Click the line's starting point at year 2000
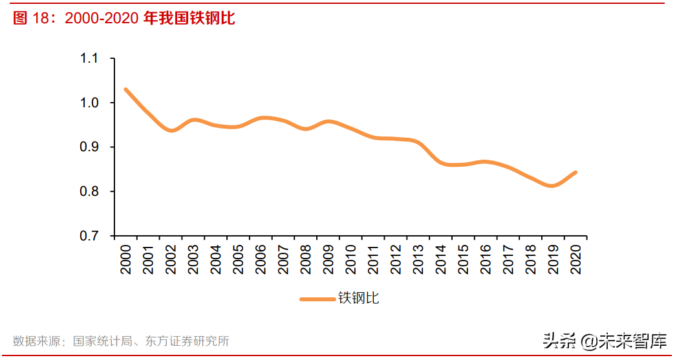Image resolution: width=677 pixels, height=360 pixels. (125, 89)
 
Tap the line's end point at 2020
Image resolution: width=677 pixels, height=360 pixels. (575, 173)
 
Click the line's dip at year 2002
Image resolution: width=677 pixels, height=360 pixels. (171, 131)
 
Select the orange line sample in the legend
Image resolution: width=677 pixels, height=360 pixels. (318, 299)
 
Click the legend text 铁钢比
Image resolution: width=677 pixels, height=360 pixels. (359, 299)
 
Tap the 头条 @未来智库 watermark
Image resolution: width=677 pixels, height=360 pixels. (605, 341)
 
